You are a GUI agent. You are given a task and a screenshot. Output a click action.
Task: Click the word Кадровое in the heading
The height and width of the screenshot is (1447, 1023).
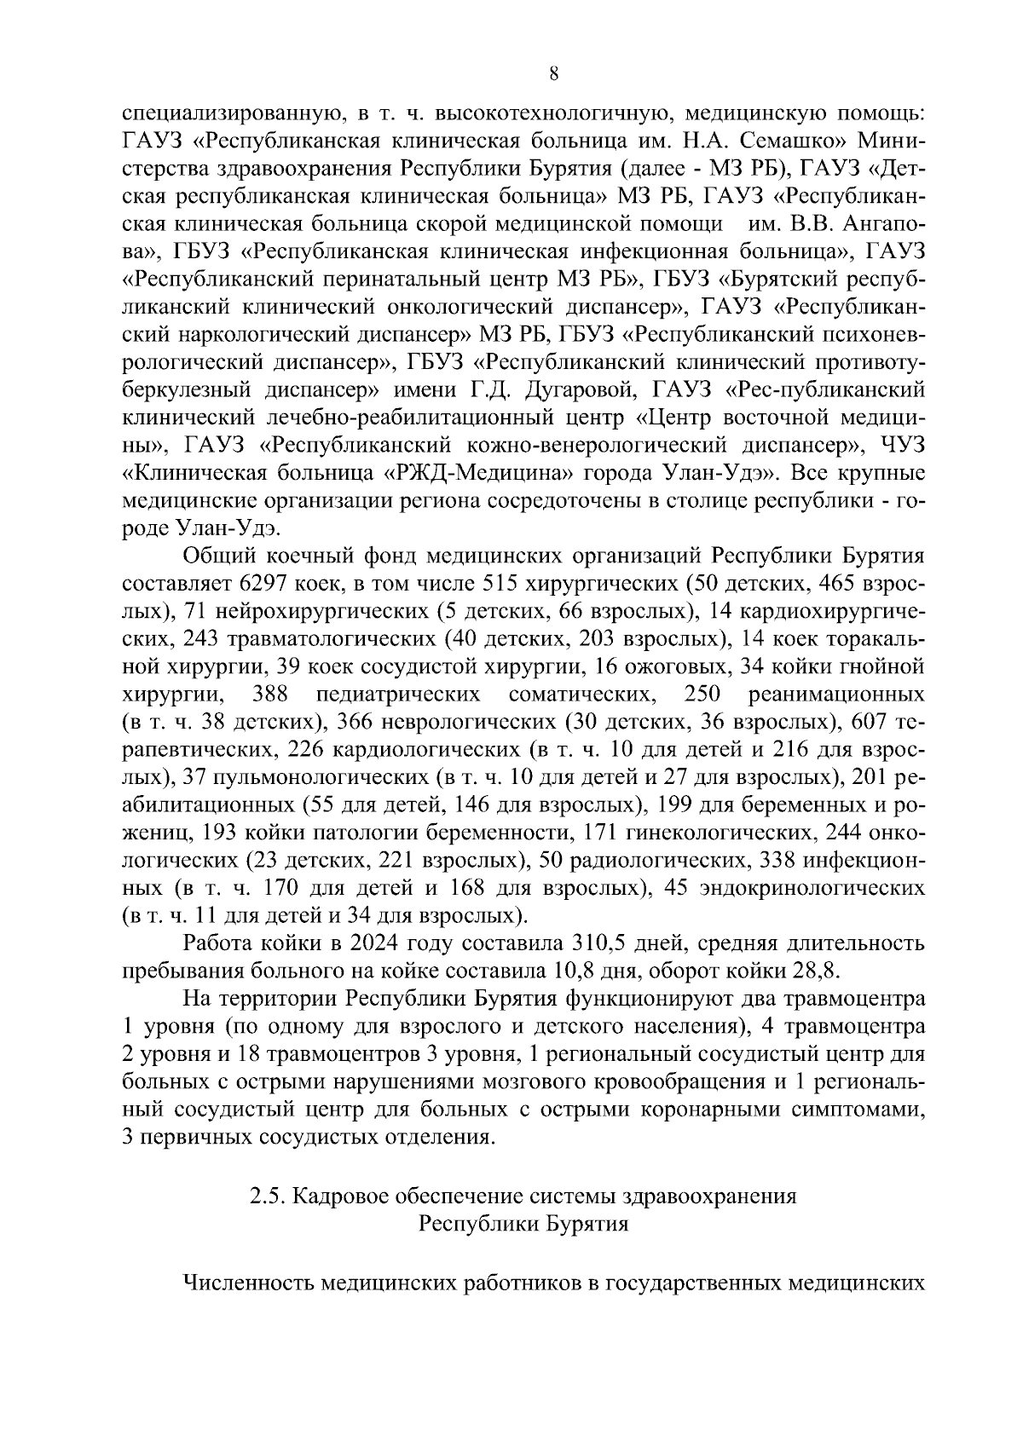point(332,1196)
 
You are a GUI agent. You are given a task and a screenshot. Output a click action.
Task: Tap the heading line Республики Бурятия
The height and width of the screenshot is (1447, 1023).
point(523,1224)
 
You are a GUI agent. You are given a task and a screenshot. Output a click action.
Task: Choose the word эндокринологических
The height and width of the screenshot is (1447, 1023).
point(812,888)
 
